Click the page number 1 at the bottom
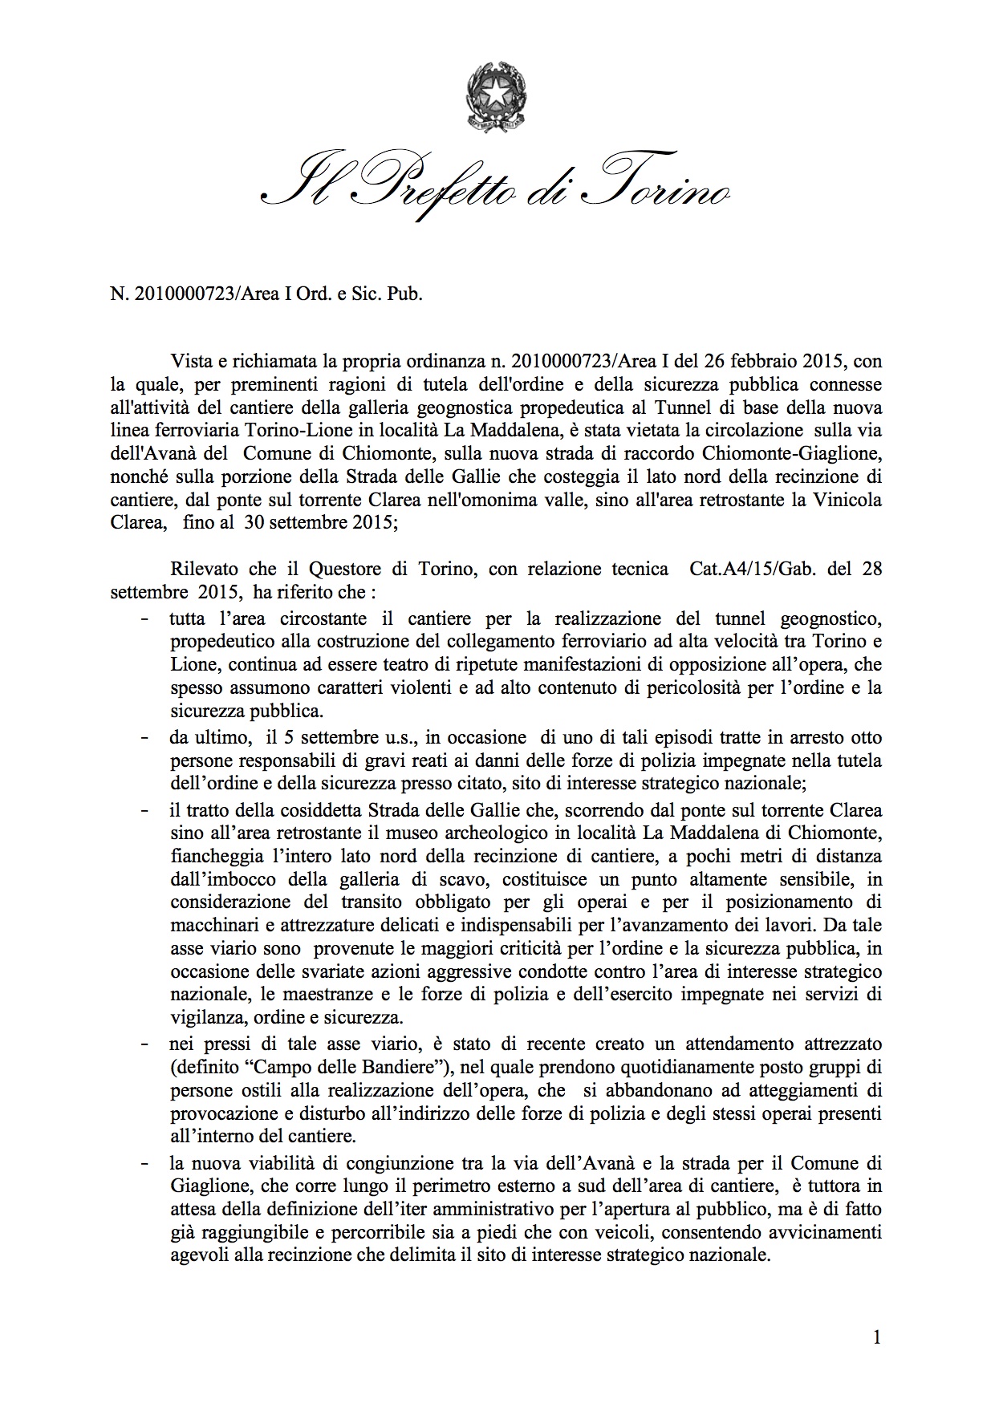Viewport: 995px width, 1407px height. tap(876, 1337)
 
